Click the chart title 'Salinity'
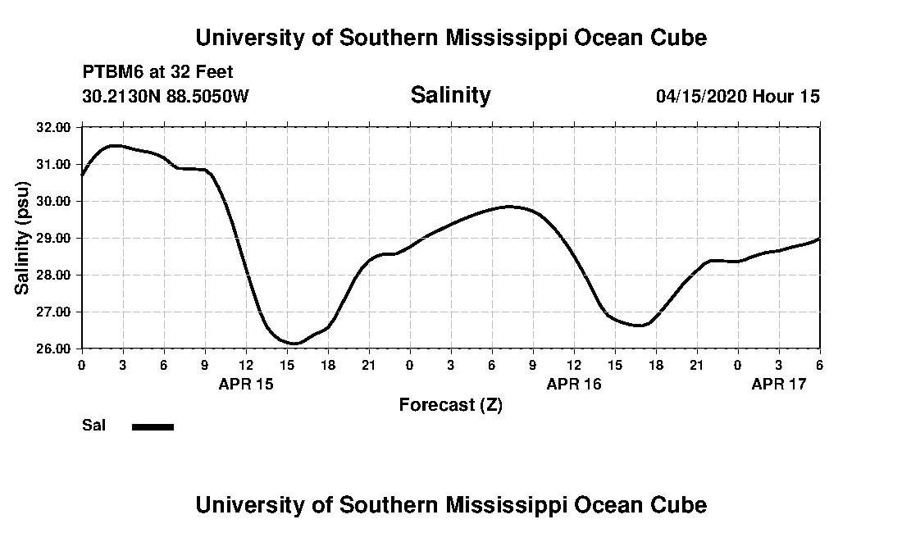pos(450,95)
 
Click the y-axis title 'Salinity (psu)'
pos(22,238)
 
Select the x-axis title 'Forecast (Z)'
pos(450,404)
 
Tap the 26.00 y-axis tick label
pos(54,348)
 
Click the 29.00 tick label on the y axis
pos(54,238)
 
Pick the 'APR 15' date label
pos(246,383)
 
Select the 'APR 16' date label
pos(574,383)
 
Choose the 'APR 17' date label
pos(779,383)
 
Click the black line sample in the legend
pos(153,426)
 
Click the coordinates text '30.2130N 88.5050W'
pos(165,96)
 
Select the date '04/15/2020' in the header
pos(700,96)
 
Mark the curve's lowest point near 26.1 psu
pos(294,344)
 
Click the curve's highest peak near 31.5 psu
pos(116,146)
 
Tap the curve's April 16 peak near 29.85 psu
pos(510,207)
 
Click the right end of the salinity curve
pos(819,239)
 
